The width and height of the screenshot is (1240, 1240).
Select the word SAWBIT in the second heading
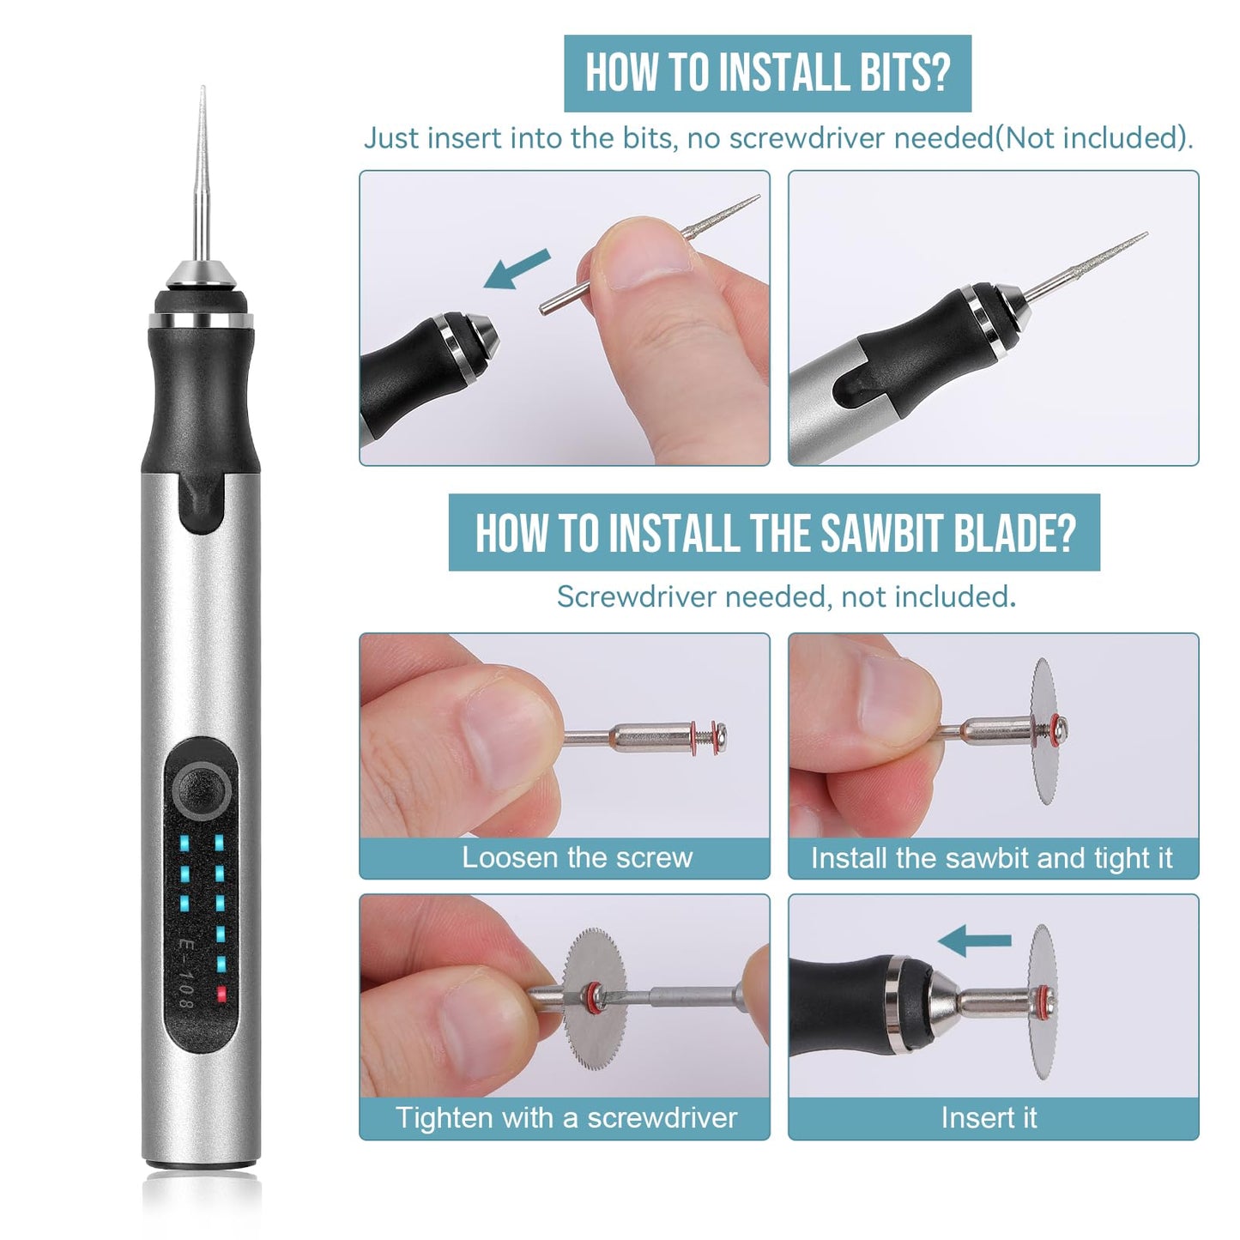click(x=880, y=533)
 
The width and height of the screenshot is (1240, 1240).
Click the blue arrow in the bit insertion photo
click(x=517, y=268)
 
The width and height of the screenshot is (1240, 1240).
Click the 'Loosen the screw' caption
click(x=577, y=857)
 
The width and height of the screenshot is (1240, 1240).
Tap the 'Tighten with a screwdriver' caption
click(x=566, y=1117)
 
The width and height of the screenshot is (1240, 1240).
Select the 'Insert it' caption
click(x=989, y=1117)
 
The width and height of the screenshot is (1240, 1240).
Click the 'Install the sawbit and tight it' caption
click(x=991, y=858)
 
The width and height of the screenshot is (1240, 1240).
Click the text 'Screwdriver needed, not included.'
click(x=786, y=596)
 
